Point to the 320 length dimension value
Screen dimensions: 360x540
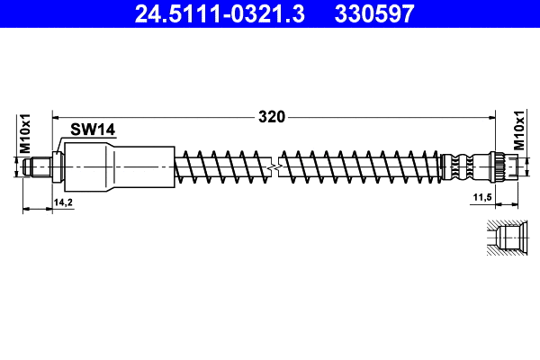tap(272, 116)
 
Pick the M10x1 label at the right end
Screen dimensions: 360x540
tap(519, 133)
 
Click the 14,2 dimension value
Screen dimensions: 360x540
tap(63, 203)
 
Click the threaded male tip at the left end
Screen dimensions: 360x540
tap(40, 166)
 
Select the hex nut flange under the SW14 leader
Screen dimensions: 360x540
tap(58, 166)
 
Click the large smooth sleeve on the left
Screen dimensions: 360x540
tap(117, 166)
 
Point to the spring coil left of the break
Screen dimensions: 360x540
tap(225, 166)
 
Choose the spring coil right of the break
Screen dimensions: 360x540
tap(360, 166)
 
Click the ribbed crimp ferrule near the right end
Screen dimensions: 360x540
tap(463, 166)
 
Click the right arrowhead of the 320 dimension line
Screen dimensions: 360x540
tap(493, 116)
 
